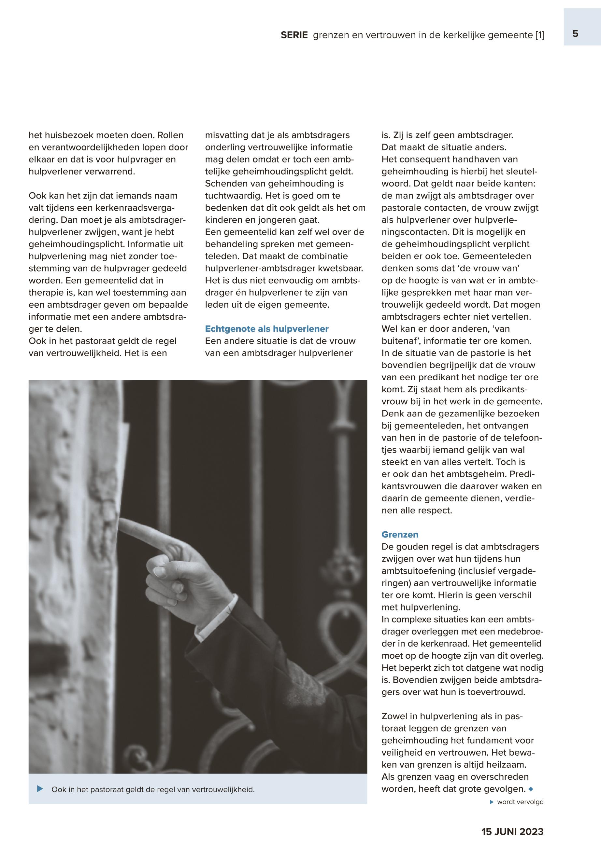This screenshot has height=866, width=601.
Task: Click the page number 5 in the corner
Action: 575,34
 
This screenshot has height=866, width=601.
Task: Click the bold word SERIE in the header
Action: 294,35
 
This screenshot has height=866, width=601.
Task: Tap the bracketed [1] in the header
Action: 540,35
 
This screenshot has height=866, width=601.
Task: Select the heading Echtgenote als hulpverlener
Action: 266,329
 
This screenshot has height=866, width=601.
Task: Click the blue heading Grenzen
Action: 400,535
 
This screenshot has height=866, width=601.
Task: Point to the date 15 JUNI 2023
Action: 512,832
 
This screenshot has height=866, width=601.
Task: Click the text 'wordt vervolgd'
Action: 520,802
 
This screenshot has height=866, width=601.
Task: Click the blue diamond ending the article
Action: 531,789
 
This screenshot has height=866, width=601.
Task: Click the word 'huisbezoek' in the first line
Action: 67,135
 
